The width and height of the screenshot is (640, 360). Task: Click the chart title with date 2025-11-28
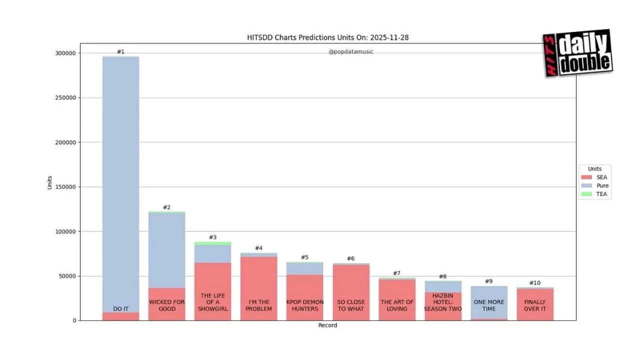tap(327, 37)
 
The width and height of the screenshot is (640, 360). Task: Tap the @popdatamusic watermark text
tap(350, 51)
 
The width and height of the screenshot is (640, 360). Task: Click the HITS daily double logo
tap(577, 53)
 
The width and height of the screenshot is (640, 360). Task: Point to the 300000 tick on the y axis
tap(65, 53)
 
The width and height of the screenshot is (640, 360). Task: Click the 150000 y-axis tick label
tap(65, 187)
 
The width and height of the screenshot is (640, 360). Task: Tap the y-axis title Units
tap(49, 182)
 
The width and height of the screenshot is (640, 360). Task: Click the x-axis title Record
tap(327, 325)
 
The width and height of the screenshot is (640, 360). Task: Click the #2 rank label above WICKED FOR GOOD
tap(166, 207)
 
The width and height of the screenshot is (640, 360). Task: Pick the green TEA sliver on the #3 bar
tap(212, 243)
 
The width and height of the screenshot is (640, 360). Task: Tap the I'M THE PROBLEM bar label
tap(258, 305)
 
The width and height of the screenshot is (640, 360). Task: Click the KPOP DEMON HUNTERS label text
tap(304, 305)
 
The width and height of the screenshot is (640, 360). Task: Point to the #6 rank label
tap(350, 258)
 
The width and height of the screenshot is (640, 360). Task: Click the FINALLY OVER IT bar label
tap(534, 305)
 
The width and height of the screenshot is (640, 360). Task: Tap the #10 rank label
tap(534, 283)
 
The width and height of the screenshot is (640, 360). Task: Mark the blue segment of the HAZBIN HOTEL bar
tap(442, 286)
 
